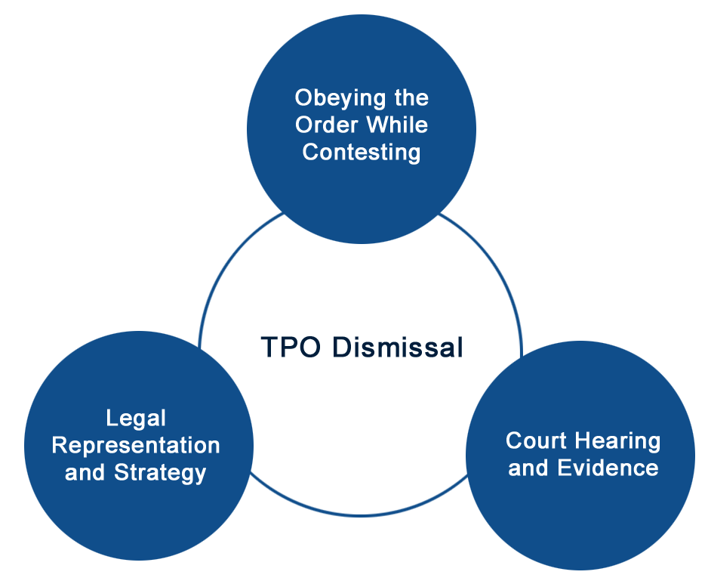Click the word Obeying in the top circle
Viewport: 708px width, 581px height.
(340, 98)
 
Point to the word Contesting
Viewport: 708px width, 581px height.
(362, 153)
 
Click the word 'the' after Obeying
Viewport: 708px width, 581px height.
(411, 97)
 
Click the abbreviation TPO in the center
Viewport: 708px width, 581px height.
(291, 347)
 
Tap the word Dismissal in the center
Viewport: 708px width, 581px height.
(398, 347)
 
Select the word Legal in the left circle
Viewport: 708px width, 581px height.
(136, 419)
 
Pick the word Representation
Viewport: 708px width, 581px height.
(136, 445)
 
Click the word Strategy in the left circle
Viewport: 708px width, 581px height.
(160, 473)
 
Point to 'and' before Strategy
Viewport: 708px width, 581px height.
(85, 472)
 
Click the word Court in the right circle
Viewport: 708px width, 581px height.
(535, 440)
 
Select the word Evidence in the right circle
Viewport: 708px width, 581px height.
(608, 468)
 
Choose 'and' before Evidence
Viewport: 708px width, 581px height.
(528, 468)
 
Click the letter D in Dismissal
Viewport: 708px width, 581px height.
(342, 347)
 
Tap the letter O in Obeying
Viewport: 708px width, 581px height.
(304, 97)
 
